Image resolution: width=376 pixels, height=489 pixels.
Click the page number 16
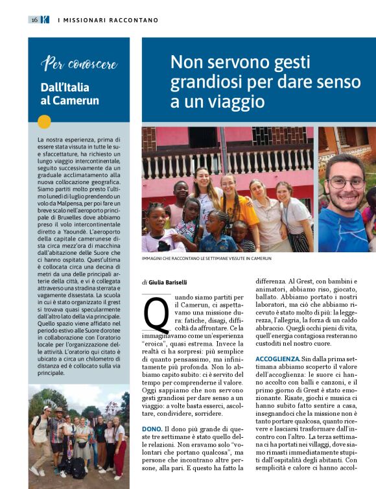point(34,20)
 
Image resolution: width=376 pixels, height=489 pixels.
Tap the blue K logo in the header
point(45,20)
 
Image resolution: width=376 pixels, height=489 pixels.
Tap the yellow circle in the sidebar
point(44,121)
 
